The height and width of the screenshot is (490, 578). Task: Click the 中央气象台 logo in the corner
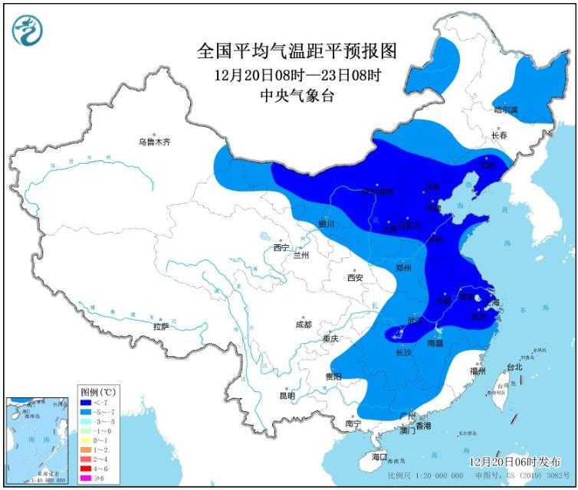(x=28, y=30)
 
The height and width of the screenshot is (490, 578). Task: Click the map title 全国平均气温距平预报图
(x=297, y=52)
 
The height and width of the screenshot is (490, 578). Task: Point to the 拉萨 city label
(x=160, y=326)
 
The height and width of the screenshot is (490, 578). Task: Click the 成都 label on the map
(x=304, y=324)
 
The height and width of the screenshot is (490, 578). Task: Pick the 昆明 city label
(x=287, y=395)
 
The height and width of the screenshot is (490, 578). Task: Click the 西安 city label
(x=353, y=278)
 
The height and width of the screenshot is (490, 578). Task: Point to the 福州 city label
(x=478, y=371)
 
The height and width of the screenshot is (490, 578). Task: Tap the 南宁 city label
(x=353, y=423)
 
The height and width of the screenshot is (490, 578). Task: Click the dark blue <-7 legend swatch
(x=87, y=402)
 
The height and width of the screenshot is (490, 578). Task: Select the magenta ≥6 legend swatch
(x=87, y=478)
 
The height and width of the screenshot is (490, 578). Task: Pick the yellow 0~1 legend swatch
(x=87, y=440)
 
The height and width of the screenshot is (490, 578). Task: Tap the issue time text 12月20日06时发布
(x=514, y=462)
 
